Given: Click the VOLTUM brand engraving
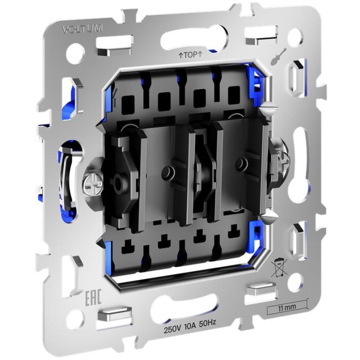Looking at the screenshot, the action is pos(83,29).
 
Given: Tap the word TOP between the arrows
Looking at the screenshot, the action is pos(191,55).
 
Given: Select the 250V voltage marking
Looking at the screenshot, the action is pos(172,330).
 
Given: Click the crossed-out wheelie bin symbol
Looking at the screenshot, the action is pos(279,268).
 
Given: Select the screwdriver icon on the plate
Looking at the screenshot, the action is pos(277,58).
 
